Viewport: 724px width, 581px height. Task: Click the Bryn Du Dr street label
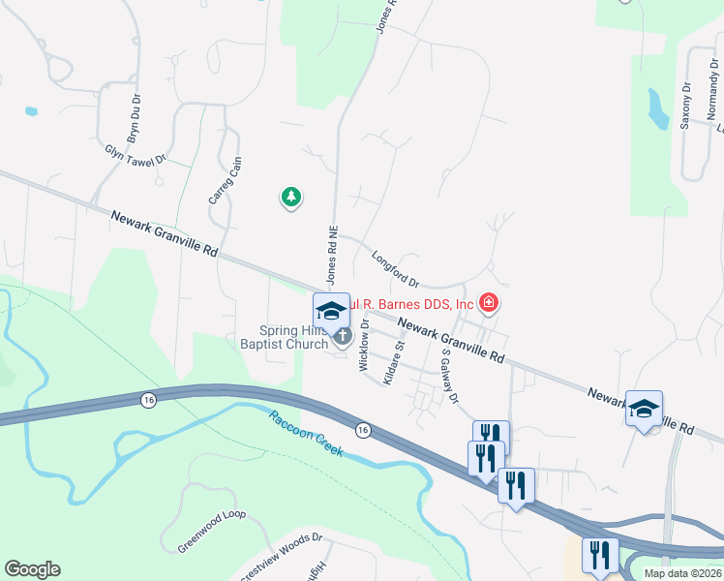135,116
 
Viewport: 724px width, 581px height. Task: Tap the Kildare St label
392,363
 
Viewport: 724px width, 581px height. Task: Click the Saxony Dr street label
685,105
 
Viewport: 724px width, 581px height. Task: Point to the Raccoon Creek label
305,439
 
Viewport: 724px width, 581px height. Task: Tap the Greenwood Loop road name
212,531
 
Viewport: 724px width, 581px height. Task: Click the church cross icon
342,336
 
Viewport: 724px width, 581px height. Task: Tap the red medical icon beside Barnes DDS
489,304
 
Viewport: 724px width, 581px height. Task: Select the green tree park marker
290,199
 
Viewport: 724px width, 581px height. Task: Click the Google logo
32,569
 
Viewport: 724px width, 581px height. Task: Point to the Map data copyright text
681,573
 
